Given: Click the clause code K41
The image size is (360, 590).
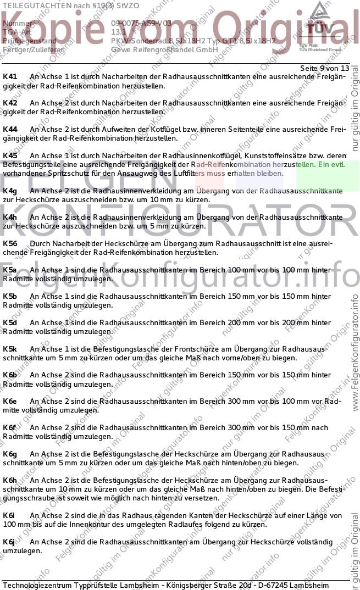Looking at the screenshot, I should pos(10,76).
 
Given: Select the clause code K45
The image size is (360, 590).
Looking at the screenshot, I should pos(10,155).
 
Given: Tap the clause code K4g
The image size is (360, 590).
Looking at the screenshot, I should pos(10,191).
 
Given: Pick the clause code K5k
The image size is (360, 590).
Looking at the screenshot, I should pos(10,349).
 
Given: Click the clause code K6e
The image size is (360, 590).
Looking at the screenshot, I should pos(10,401).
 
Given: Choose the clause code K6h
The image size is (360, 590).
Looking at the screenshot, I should pos(10,480).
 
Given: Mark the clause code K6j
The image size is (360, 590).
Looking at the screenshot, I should pos(10,542).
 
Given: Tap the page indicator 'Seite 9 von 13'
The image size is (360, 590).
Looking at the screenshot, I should pos(324,68).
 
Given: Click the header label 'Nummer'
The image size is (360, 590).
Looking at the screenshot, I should pos(15,23).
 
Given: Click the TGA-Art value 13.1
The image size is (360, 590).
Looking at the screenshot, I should pos(119,32).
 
